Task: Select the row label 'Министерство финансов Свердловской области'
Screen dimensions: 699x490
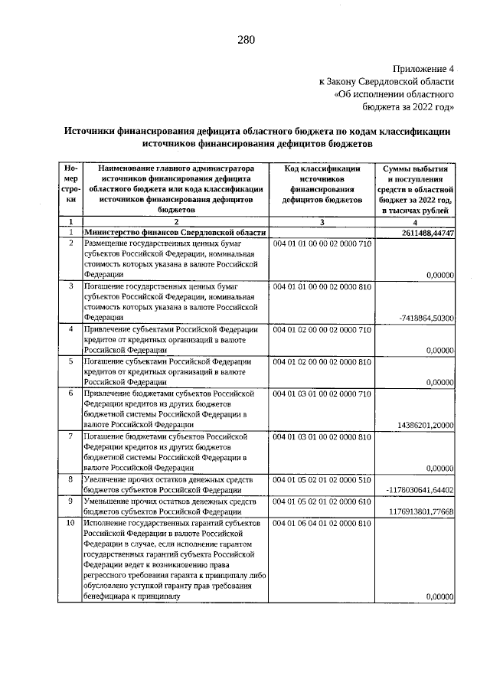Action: coord(175,232)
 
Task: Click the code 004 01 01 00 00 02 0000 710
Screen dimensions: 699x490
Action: coord(322,243)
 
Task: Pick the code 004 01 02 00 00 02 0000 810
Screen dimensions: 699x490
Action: coord(322,361)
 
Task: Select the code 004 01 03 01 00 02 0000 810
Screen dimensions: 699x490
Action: coord(322,436)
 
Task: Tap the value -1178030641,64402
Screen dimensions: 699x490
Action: coord(423,489)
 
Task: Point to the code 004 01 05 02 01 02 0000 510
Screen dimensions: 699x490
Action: coord(322,479)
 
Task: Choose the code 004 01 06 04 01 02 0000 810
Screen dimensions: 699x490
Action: coord(322,523)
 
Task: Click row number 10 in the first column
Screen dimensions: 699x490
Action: coord(70,523)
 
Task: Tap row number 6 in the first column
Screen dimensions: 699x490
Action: coord(70,394)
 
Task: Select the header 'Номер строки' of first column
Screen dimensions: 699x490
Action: coord(70,184)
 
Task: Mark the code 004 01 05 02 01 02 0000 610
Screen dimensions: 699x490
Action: coord(322,501)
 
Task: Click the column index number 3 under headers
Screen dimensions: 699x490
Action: coord(322,222)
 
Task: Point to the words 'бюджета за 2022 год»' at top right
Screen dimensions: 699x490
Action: coord(413,106)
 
